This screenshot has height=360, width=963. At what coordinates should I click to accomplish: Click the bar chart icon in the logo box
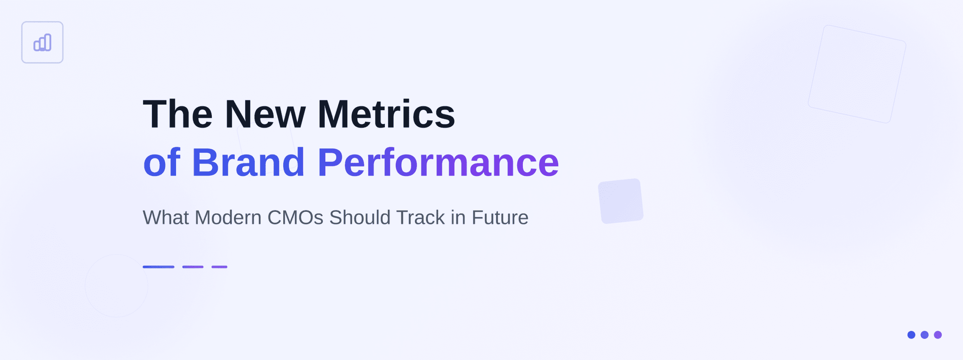(42, 42)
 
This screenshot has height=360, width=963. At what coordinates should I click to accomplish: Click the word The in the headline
(178, 114)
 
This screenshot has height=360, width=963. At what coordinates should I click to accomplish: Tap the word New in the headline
(265, 114)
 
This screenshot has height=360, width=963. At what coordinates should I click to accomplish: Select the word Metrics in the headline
(386, 114)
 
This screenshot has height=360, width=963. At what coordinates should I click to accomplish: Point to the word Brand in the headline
(248, 163)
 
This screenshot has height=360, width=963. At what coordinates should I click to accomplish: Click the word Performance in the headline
(438, 163)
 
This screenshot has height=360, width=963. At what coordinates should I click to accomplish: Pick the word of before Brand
(162, 163)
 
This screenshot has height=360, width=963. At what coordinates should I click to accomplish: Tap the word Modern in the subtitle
(228, 217)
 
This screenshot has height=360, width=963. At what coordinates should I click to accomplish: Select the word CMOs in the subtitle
(295, 217)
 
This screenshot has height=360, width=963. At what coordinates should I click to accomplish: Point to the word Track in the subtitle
(421, 217)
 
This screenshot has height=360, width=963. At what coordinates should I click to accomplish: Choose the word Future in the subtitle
(500, 217)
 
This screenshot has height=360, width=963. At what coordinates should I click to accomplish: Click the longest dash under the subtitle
(158, 267)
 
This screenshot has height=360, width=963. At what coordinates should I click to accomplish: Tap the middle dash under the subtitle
(193, 267)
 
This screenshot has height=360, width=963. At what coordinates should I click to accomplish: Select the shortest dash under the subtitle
(219, 267)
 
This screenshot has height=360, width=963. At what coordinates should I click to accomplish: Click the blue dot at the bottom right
(911, 335)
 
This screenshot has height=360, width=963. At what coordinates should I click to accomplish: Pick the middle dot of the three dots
(925, 335)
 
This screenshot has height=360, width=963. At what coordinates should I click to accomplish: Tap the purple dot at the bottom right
(938, 335)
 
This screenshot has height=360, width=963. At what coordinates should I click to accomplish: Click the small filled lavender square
(621, 201)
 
